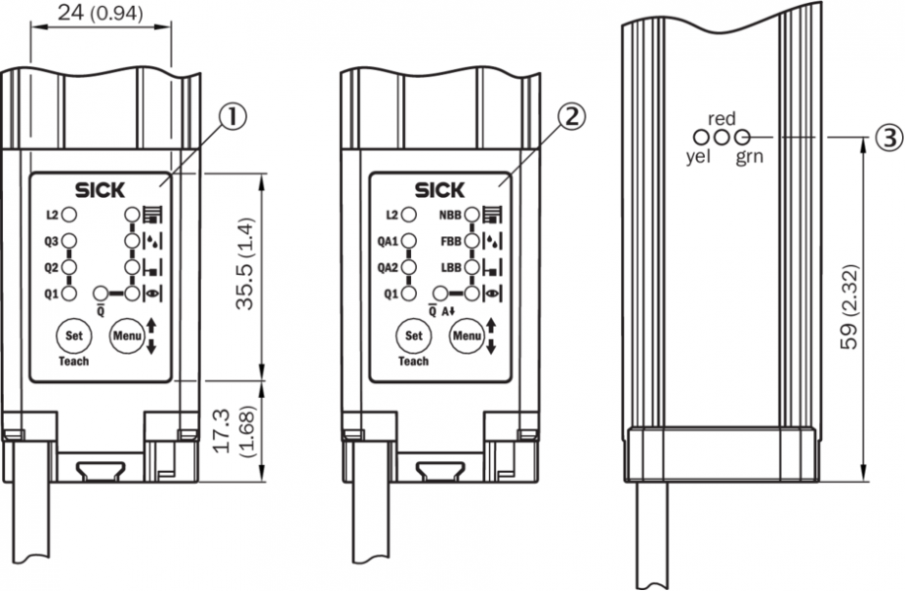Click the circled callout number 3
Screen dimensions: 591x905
tap(888, 138)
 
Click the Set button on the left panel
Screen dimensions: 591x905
tap(72, 335)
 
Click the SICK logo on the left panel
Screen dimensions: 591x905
tap(100, 189)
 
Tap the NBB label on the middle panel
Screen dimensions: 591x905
tap(450, 214)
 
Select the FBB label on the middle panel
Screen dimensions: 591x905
tap(450, 240)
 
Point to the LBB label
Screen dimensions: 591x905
tap(450, 267)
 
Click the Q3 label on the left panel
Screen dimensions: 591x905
tap(53, 240)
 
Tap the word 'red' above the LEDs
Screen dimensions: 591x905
tap(722, 119)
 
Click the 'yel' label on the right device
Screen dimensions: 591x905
tap(697, 156)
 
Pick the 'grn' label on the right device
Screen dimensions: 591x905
tap(749, 156)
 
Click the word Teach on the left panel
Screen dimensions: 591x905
tap(72, 361)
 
